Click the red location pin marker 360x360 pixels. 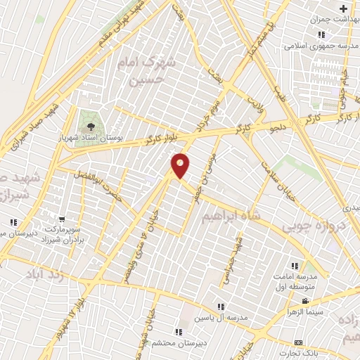(x=181, y=165)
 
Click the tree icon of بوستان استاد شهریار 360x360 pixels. (x=89, y=126)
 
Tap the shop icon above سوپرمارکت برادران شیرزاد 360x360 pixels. (x=63, y=219)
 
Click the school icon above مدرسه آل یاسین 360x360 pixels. (x=221, y=307)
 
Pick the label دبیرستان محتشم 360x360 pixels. (x=178, y=342)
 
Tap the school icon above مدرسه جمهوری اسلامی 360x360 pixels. (x=321, y=35)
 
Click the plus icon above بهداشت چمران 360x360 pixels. (x=343, y=9)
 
